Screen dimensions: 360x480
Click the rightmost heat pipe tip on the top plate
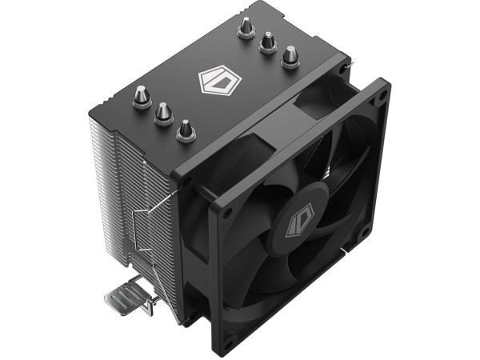coord(289,56)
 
